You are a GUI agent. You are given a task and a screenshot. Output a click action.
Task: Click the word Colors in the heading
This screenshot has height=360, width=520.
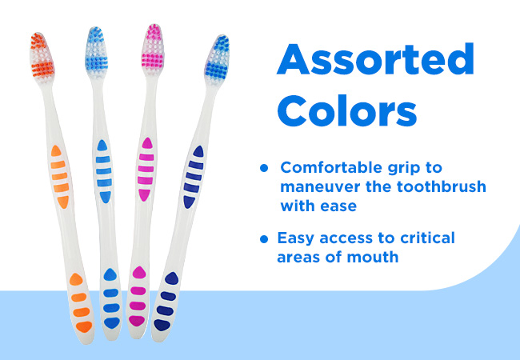347,110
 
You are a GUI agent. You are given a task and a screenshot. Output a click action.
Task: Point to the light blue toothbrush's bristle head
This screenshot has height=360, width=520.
96,51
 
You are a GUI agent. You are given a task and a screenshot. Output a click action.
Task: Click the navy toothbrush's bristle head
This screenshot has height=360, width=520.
217,60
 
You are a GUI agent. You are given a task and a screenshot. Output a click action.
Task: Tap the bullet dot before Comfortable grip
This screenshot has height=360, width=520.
264,168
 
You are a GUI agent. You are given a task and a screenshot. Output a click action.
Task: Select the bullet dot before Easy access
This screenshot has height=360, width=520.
264,238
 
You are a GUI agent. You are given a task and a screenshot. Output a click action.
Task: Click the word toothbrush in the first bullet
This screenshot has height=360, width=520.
442,186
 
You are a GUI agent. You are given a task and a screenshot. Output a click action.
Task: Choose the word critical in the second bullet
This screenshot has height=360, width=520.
427,238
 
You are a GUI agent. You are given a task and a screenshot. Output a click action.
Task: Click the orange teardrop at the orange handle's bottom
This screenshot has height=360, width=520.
84,326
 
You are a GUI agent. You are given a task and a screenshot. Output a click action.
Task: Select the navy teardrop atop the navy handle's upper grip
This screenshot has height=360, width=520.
198,151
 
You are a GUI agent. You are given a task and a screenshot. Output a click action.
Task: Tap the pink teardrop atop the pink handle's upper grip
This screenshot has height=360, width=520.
147,143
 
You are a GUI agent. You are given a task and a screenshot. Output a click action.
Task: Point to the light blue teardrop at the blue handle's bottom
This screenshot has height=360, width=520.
112,323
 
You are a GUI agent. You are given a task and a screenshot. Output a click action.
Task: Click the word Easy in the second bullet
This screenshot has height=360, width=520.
295,239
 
